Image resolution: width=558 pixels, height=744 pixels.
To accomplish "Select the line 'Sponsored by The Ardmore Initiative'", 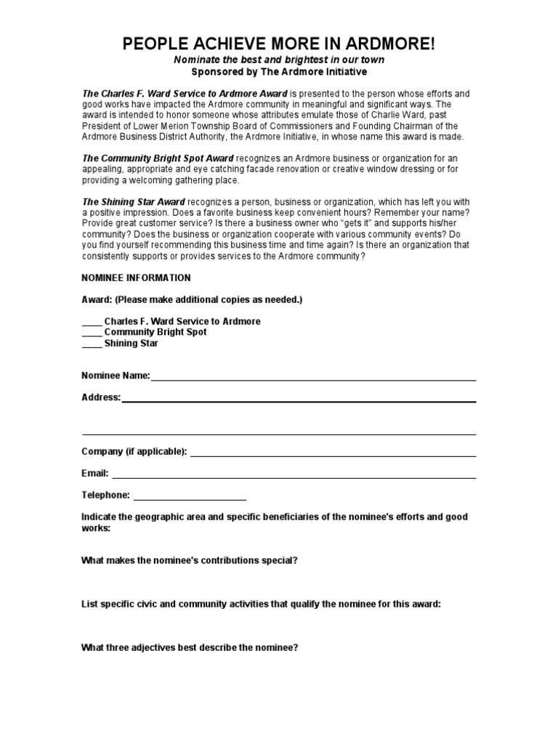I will point(279,72).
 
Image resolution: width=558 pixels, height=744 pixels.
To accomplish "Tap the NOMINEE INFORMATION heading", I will point(136,278).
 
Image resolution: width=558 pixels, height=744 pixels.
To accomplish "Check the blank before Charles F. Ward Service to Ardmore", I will point(92,322).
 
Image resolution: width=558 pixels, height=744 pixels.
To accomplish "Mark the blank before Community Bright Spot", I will point(92,333).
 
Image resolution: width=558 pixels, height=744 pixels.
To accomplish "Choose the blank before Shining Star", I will point(92,344).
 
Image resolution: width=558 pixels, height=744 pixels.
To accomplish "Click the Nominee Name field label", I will point(116,376).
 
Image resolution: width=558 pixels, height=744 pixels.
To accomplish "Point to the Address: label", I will point(101,397).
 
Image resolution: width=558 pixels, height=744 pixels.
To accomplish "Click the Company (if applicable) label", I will point(134,452).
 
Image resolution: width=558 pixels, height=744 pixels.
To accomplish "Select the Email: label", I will point(95,473).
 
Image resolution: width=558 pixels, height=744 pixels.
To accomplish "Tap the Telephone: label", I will point(106,495).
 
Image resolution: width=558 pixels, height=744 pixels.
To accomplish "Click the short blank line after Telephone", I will point(190,498).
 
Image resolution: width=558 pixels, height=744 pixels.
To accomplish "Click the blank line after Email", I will point(294,477).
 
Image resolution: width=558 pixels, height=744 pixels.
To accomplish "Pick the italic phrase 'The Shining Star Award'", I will point(133,201).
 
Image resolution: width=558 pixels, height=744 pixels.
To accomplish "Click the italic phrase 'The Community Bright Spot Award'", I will point(158,158).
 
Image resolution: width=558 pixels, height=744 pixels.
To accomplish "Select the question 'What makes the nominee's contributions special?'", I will point(190,560).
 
